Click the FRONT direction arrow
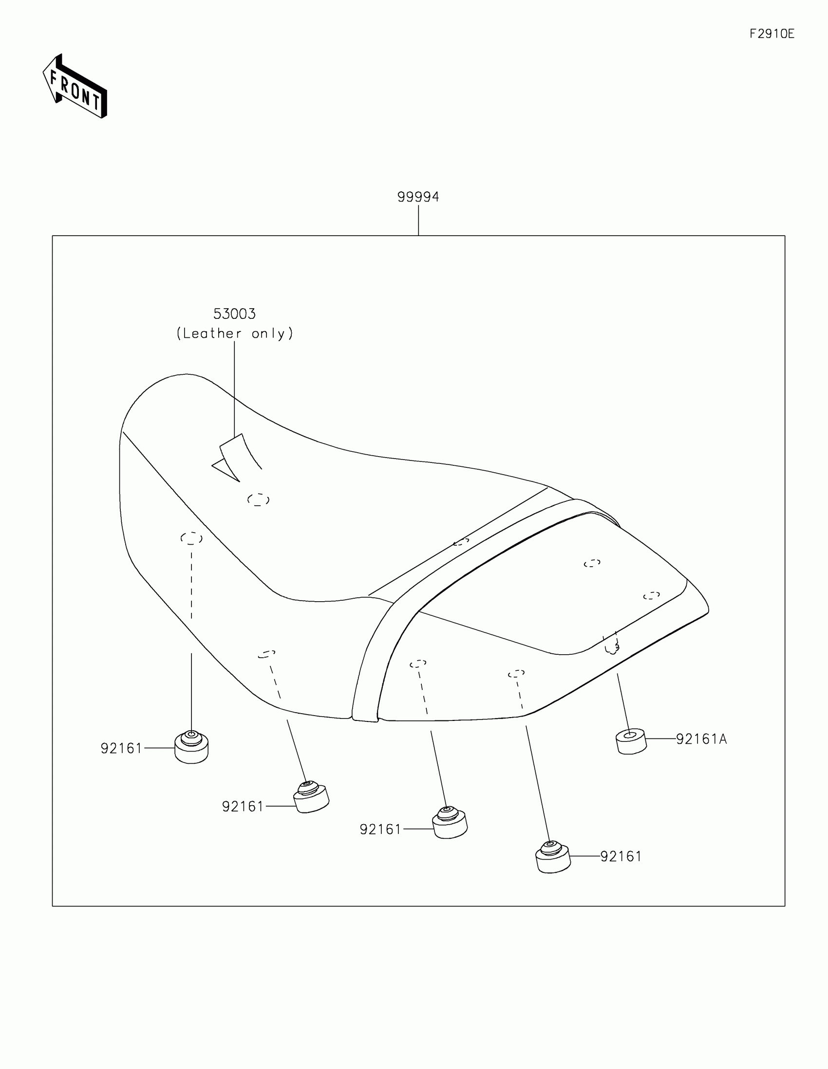pos(75,87)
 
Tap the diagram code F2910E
pos(772,34)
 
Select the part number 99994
pos(418,197)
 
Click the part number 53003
pos(234,313)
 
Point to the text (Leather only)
pos(235,333)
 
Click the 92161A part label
pos(701,739)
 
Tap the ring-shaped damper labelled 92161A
pos(631,741)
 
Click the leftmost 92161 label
pos(121,748)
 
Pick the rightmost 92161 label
pos(621,856)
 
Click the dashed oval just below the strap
pos(258,500)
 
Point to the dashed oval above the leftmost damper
pos(191,538)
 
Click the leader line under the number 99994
pos(418,220)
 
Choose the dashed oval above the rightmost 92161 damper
pos(516,674)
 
